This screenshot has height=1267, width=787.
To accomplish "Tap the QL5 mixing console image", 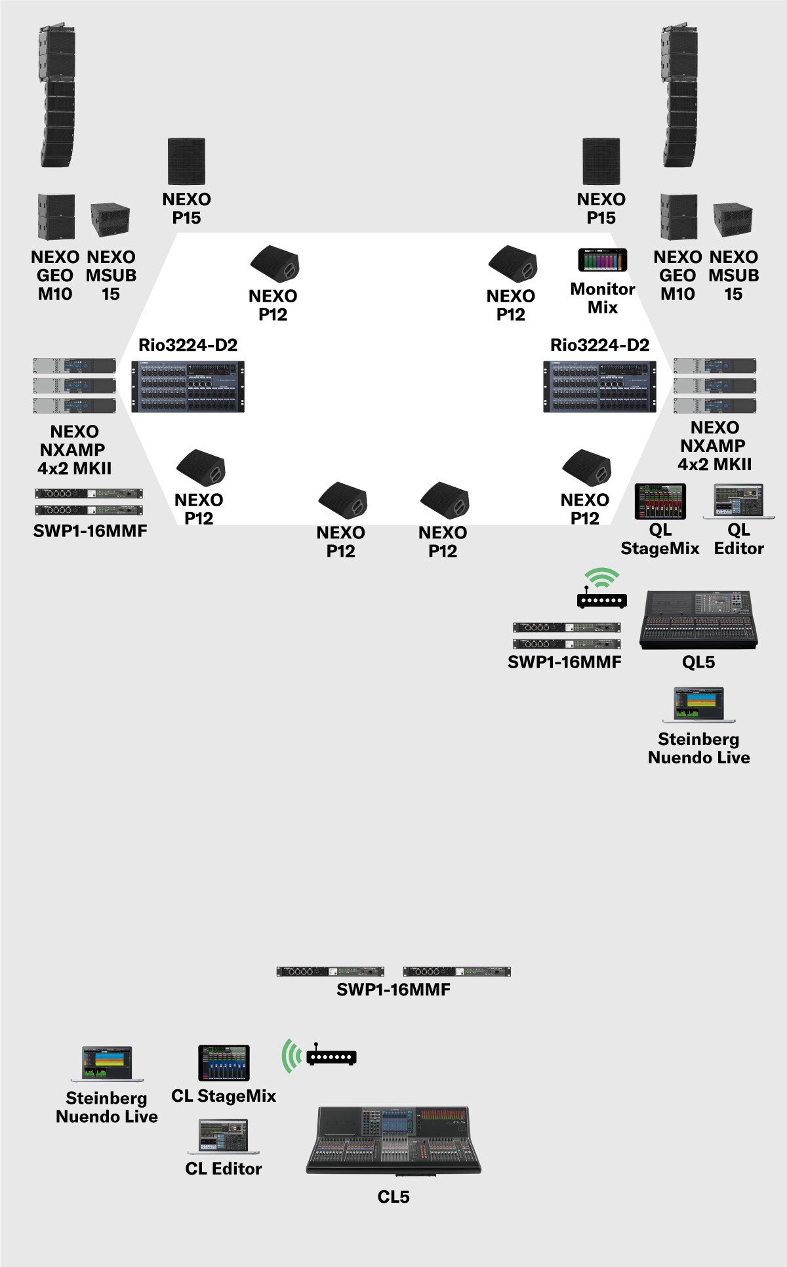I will [x=698, y=620].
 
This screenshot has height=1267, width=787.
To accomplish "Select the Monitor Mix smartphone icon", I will [x=602, y=260].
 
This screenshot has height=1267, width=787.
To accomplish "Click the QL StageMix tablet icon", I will [x=660, y=502].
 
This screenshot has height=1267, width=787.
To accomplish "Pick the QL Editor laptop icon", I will [x=738, y=502].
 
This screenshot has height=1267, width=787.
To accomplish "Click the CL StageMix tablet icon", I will [x=224, y=1063].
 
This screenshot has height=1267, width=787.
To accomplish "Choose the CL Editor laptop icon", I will [x=224, y=1136].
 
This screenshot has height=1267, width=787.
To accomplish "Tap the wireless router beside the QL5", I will [x=601, y=590].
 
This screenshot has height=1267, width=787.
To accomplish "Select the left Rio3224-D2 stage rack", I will [x=188, y=386].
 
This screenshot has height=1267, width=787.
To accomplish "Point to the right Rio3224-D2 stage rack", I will [x=599, y=386].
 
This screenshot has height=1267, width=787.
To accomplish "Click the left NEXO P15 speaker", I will [x=187, y=161].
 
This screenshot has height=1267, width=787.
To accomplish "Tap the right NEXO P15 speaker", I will [x=601, y=161].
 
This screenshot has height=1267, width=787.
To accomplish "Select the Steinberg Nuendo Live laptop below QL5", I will [x=698, y=704].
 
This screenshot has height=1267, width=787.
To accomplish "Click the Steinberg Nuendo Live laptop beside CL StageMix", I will [x=107, y=1064].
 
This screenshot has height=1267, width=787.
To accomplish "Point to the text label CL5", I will [x=393, y=1197].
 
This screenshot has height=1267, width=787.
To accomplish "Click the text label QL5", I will [x=698, y=662].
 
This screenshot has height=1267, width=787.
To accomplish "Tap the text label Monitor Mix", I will [x=603, y=298].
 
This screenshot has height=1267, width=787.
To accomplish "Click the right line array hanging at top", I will [x=679, y=96].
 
